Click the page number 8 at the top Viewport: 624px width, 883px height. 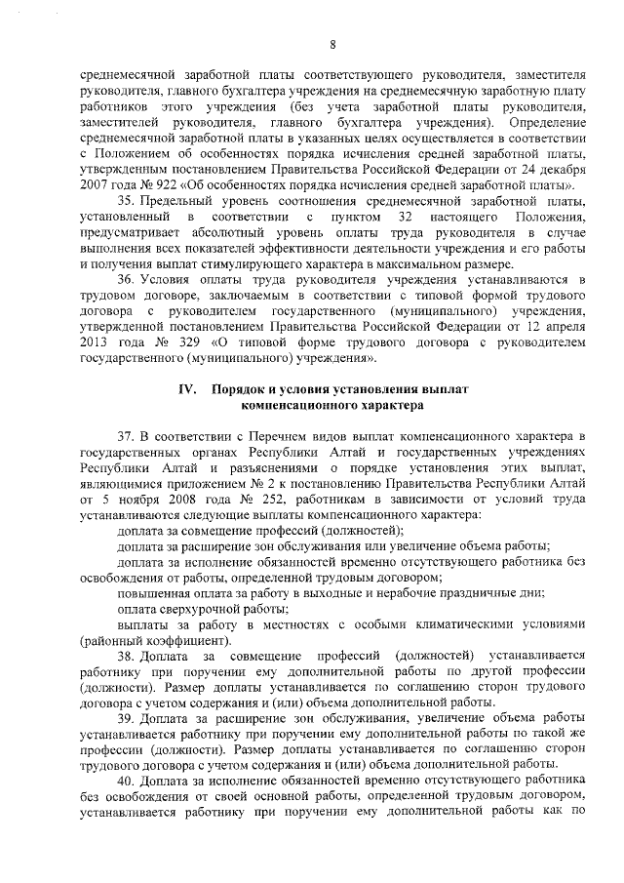(332, 43)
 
